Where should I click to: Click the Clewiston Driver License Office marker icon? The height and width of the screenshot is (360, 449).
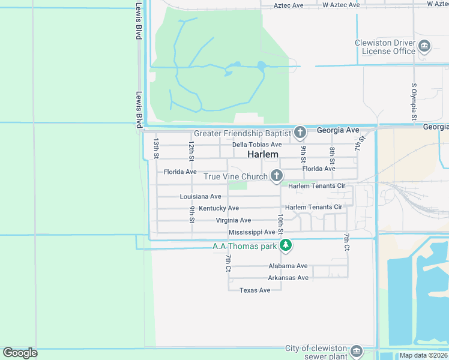click(424, 47)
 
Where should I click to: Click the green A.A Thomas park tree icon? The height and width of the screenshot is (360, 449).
click(286, 245)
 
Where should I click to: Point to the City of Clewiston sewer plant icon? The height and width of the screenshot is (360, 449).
click(357, 351)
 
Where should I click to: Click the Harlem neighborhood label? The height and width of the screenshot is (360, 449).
click(263, 154)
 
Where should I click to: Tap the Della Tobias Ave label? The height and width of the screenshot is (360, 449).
click(257, 145)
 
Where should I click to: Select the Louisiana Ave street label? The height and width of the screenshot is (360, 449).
click(200, 196)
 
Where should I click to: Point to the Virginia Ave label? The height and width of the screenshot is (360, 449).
click(234, 220)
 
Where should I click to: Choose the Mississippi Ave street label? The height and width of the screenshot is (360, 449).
click(252, 232)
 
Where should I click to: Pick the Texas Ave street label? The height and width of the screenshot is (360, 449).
click(255, 290)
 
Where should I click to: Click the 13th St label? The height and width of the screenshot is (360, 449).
click(156, 148)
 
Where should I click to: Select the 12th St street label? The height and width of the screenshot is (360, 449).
click(191, 152)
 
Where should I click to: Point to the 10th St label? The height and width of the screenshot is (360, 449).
click(280, 223)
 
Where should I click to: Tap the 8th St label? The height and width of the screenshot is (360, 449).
click(332, 155)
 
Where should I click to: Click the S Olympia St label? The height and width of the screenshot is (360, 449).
click(414, 101)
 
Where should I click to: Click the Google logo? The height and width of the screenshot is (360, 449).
click(20, 353)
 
